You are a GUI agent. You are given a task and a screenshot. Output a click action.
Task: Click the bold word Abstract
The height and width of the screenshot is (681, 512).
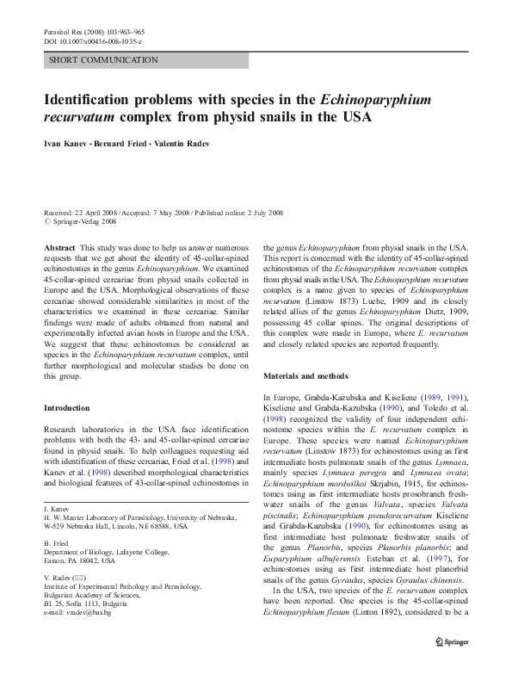[x=59, y=246]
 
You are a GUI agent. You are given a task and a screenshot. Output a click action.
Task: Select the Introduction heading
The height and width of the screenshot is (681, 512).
[x=68, y=407]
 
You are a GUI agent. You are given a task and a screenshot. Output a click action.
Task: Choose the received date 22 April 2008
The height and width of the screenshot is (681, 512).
[x=92, y=211]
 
